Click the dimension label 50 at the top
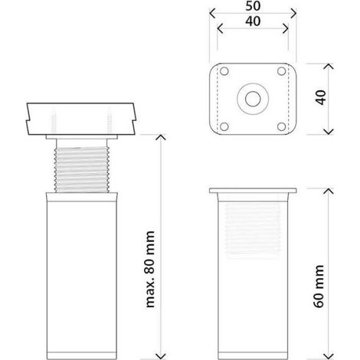tap(253, 5)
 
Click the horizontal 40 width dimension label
tap(253, 21)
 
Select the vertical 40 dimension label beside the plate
tap(321, 97)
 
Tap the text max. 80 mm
tap(150, 269)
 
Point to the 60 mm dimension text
tap(319, 286)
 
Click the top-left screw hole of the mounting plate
tap(224, 71)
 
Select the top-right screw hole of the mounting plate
tap(282, 71)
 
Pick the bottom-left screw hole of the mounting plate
tap(224, 126)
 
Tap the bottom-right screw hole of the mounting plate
tap(282, 126)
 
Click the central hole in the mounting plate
tap(253, 99)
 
